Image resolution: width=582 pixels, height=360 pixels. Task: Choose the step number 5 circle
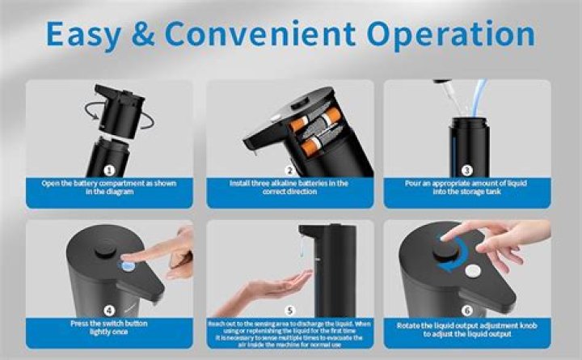[289, 309]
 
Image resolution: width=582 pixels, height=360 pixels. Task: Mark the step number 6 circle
[467, 309]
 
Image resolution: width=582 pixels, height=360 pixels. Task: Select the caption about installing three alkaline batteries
[289, 188]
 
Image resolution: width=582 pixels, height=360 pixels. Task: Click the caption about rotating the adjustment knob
[467, 330]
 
